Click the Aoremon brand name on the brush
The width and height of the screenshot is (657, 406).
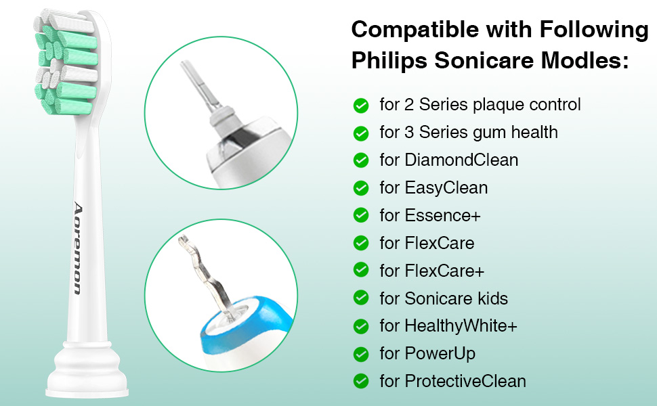click(77, 248)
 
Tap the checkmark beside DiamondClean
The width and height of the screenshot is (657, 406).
click(361, 160)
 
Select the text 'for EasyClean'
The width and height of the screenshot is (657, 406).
click(433, 187)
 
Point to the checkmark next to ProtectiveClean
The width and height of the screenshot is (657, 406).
click(361, 381)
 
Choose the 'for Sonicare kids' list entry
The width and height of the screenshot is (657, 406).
click(444, 298)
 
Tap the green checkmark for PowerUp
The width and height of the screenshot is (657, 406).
click(361, 353)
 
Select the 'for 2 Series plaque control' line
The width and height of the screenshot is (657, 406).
click(480, 105)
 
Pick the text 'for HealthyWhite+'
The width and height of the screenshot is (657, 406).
click(448, 326)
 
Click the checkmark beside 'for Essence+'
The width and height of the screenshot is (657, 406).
click(361, 215)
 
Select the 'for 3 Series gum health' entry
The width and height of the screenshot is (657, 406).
click(469, 133)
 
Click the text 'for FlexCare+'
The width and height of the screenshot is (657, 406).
click(432, 271)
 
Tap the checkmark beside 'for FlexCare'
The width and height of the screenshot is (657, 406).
click(361, 243)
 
